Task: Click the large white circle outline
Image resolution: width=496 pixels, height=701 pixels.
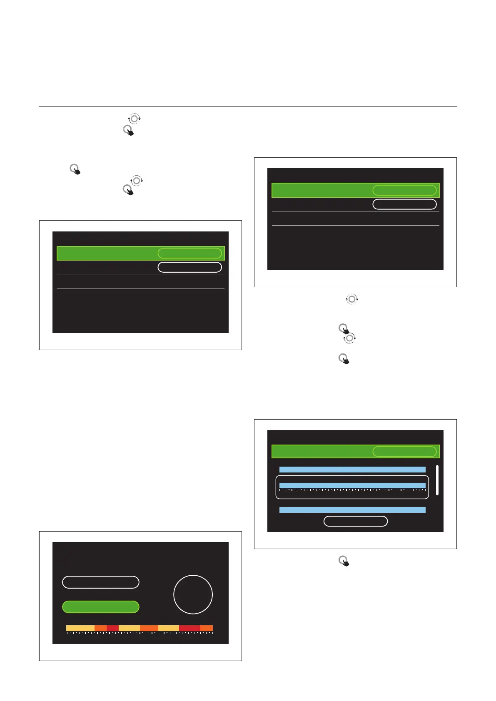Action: (x=193, y=594)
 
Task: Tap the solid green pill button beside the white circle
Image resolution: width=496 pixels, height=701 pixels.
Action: (x=100, y=607)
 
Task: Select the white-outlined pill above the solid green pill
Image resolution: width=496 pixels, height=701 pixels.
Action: (x=100, y=582)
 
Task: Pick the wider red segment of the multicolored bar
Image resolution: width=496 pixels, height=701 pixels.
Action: (x=189, y=628)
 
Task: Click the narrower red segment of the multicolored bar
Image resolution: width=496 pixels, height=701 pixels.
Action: (x=112, y=628)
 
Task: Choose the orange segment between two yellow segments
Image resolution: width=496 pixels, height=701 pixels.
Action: (x=149, y=628)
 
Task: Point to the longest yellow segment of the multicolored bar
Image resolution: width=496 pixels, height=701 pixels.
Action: (x=80, y=628)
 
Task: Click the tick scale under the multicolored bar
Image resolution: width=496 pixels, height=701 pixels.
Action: (x=140, y=633)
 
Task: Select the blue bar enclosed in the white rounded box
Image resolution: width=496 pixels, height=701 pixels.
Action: (x=352, y=485)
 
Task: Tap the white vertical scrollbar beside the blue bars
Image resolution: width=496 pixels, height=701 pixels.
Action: (x=437, y=480)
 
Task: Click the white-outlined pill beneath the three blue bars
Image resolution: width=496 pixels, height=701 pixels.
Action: (x=356, y=521)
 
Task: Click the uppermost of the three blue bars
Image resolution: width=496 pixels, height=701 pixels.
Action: (x=352, y=470)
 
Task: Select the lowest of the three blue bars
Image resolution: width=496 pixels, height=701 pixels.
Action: (x=352, y=510)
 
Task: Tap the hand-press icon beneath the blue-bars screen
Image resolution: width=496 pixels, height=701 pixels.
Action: (x=344, y=561)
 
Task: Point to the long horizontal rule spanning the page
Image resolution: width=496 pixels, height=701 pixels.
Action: (x=248, y=106)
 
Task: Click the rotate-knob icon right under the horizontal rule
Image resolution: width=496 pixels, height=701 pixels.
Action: (x=134, y=119)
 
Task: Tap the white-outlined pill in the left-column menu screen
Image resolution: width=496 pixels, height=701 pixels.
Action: (x=189, y=267)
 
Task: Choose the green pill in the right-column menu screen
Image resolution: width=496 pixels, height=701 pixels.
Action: (x=404, y=190)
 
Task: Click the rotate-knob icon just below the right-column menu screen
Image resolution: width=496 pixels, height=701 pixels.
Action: (x=352, y=299)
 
